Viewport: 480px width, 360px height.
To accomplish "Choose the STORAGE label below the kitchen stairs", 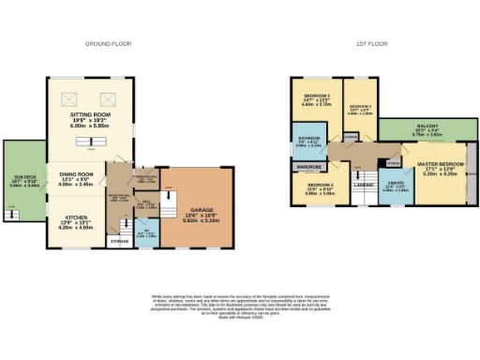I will point(119,242).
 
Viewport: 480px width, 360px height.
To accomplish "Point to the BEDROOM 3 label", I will point(314,97).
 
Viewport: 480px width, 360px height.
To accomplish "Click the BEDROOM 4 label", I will point(360,108).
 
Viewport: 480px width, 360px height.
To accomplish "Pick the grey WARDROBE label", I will point(309,168).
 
